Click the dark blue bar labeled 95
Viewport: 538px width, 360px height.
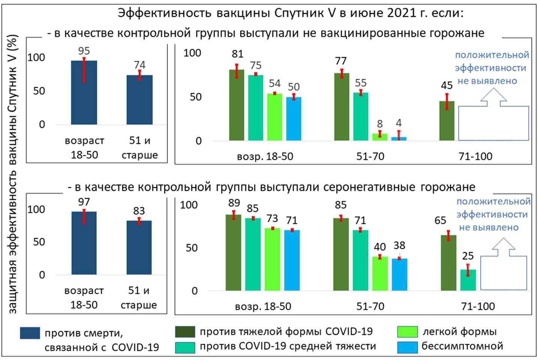coord(84,93)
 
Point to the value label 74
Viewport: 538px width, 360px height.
coord(140,65)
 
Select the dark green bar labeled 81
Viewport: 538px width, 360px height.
coord(237,105)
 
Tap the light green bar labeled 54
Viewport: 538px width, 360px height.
coord(275,117)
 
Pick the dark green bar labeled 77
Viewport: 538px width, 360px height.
coord(341,107)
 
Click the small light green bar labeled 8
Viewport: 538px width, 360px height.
coord(380,137)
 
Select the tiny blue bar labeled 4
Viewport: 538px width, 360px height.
coord(399,138)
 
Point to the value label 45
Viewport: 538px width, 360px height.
coord(446,85)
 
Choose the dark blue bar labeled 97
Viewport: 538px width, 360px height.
coord(84,243)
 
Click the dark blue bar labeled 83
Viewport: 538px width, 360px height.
coord(139,247)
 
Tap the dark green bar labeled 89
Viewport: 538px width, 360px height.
coord(233,252)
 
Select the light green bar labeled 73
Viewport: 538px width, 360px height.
coord(272,259)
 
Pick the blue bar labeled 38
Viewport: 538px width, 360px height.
coord(399,274)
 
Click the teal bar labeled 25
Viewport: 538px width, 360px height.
coord(468,280)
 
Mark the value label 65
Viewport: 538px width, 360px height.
coord(440,220)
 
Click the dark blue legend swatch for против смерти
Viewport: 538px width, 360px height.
coord(30,333)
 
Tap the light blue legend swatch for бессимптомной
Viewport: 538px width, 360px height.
coord(407,347)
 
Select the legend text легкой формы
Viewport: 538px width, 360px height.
coord(460,331)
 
